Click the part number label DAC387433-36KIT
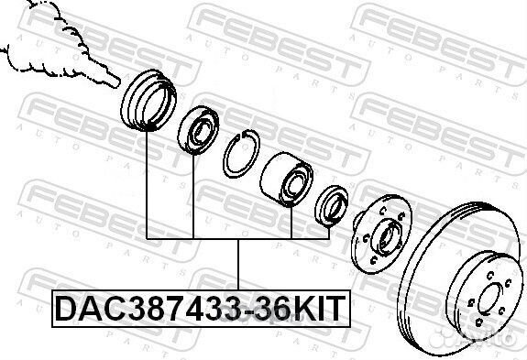click(201, 309)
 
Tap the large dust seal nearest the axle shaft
click(148, 100)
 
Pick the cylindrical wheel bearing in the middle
click(286, 179)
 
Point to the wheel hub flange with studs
click(380, 234)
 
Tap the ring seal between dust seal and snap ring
click(198, 130)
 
